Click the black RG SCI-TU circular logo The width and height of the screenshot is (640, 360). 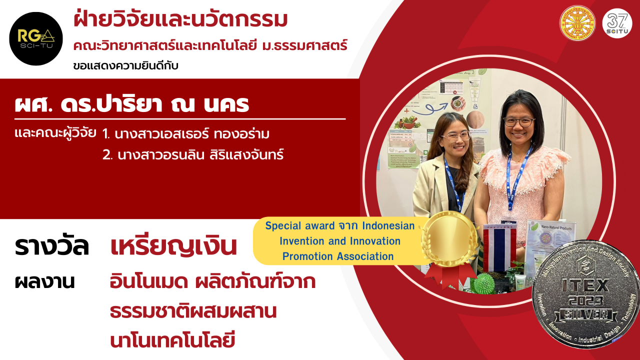tap(36, 39)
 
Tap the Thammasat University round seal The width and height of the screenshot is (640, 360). tap(577, 23)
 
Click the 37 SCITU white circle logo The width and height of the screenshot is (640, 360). tap(617, 23)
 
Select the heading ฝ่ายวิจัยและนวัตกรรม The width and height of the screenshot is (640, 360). tap(180, 20)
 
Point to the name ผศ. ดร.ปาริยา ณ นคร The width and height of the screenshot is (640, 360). tap(132, 105)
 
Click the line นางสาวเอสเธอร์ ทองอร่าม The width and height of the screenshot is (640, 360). tap(188, 134)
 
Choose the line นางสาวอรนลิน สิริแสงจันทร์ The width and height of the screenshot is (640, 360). tap(193, 155)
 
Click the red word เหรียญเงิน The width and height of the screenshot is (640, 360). tap(173, 247)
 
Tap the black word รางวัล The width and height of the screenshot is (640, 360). tap(52, 247)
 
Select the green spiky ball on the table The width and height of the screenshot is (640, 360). tap(483, 283)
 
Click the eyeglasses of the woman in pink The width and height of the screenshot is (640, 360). tap(519, 121)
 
